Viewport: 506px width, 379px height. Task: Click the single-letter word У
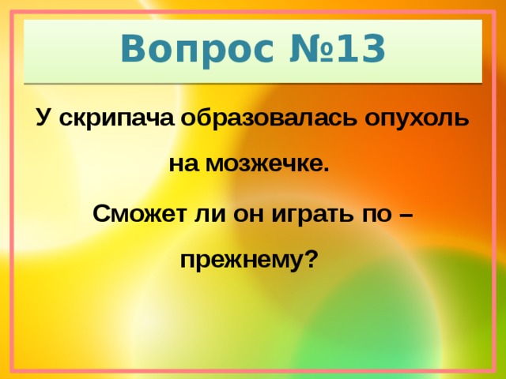43,119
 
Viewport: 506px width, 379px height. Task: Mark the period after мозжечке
324,170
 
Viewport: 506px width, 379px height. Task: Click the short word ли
208,213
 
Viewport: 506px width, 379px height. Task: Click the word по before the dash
371,213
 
